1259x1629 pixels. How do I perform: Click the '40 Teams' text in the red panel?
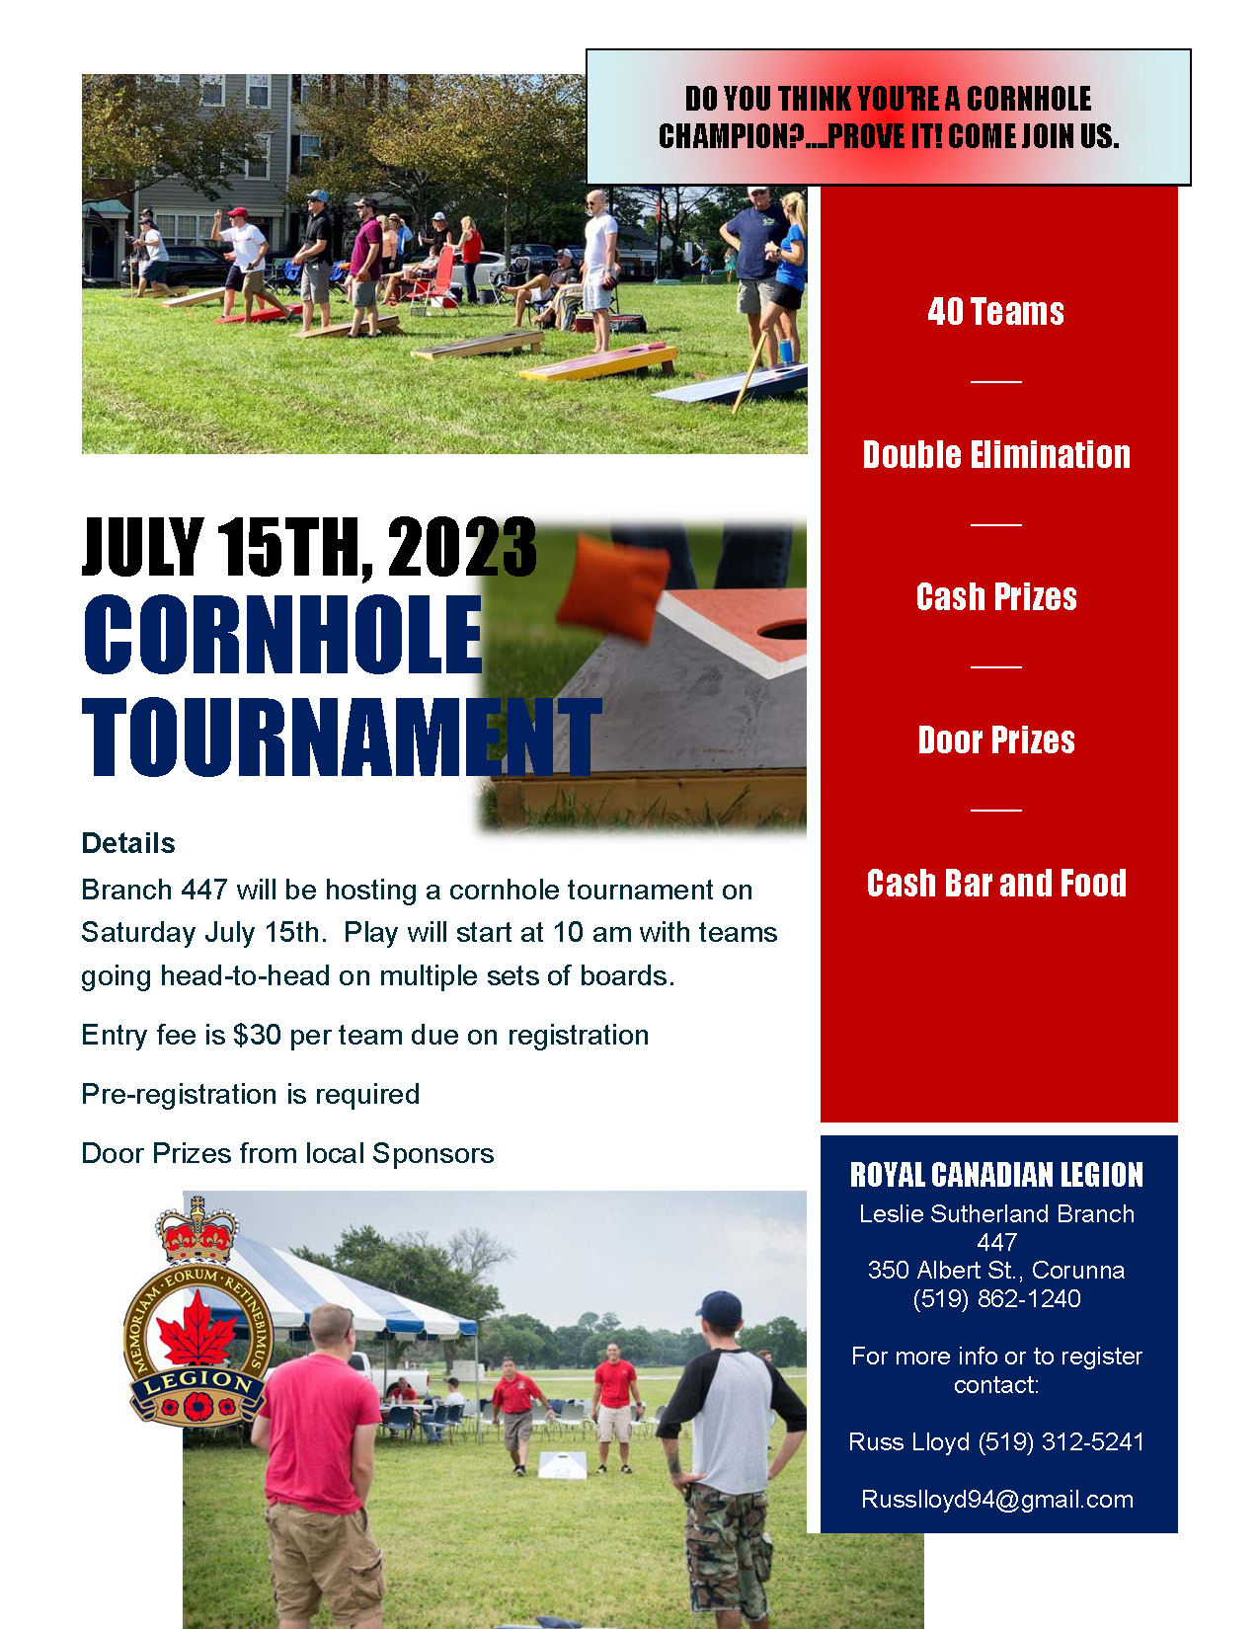click(x=995, y=312)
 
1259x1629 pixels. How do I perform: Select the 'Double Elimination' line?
click(x=995, y=454)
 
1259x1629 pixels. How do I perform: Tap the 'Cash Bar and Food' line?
click(x=995, y=883)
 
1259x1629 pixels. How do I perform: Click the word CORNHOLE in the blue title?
click(x=282, y=634)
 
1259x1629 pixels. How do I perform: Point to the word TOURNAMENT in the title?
click(x=342, y=737)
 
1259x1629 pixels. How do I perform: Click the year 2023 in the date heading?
click(x=462, y=547)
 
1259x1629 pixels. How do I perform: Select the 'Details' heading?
click(x=128, y=843)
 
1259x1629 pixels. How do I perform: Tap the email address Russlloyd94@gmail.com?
click(x=996, y=1499)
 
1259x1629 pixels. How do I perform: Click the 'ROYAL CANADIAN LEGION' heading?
click(x=995, y=1175)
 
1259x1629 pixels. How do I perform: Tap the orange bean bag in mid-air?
click(x=612, y=586)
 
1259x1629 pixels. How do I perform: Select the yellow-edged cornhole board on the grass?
click(x=597, y=361)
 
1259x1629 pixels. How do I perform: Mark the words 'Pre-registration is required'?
click(x=251, y=1095)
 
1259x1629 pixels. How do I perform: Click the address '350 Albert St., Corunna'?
click(x=995, y=1270)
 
